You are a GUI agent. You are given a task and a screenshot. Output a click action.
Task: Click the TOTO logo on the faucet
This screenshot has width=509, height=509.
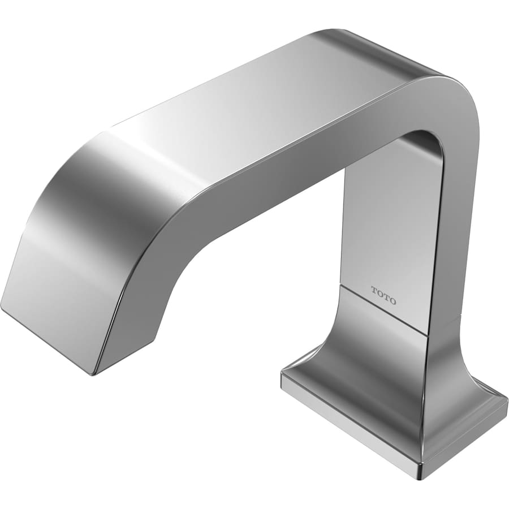[x=383, y=295]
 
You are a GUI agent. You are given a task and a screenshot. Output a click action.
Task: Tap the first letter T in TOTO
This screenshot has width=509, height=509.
[x=374, y=290]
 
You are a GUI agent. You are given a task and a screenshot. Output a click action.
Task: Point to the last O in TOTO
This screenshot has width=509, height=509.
[x=393, y=301]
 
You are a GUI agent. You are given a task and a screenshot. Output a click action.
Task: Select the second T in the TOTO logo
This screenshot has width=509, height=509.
[x=386, y=297]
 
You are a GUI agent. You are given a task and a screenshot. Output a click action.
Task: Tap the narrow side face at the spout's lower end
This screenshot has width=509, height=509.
[x=130, y=339]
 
